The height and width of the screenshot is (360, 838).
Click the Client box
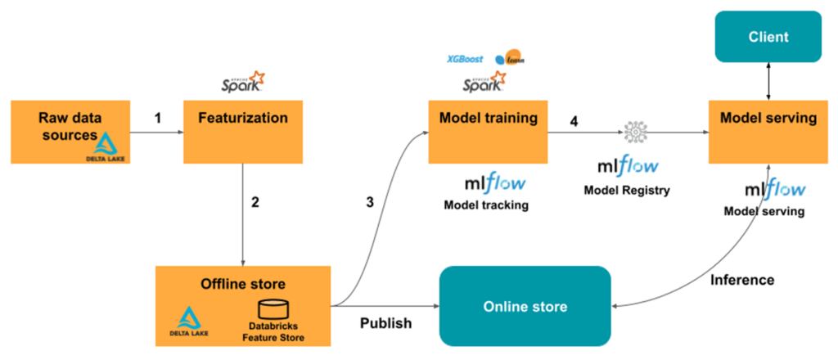(x=768, y=37)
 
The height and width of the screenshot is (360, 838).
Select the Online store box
(x=525, y=307)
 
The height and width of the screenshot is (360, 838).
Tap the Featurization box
(x=243, y=131)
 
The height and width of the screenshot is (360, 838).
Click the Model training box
(x=488, y=131)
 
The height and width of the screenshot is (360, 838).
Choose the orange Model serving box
(x=768, y=131)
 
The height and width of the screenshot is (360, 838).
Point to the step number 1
(x=158, y=118)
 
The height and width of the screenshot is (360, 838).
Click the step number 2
(x=255, y=202)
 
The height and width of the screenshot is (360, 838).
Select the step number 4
(x=574, y=121)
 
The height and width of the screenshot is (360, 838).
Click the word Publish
(x=385, y=323)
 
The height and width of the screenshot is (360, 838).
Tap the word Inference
(x=741, y=280)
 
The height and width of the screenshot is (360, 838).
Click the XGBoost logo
(x=464, y=60)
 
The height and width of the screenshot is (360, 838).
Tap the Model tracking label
(x=486, y=205)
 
